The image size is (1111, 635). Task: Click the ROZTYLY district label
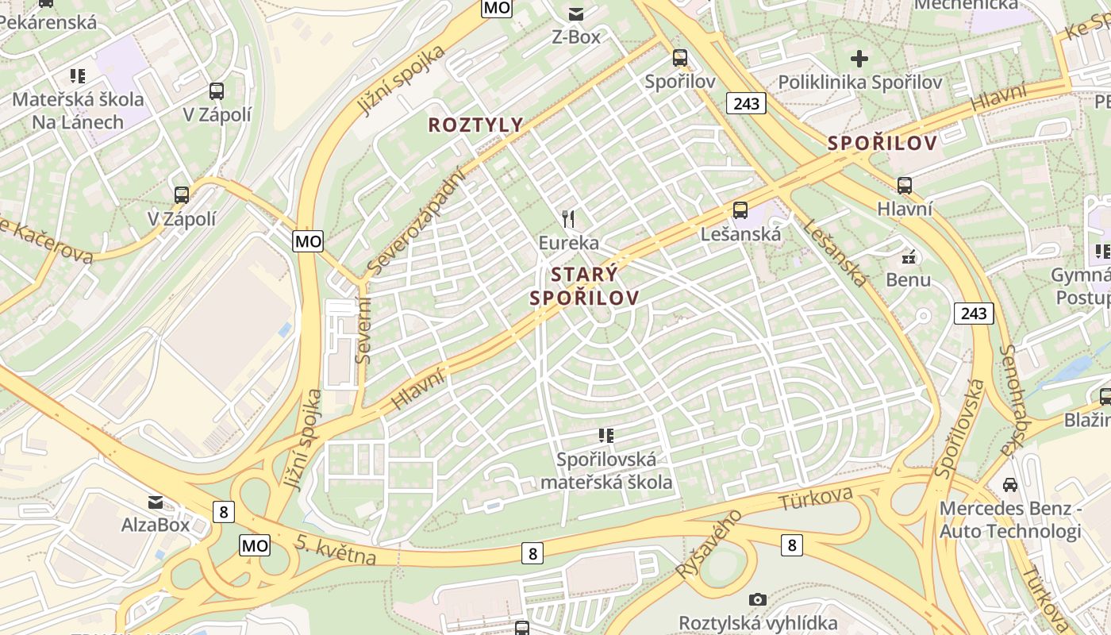(476, 125)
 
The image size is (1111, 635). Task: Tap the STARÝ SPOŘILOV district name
(584, 287)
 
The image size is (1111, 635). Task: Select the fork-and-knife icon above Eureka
(568, 218)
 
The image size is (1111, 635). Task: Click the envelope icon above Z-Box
(575, 13)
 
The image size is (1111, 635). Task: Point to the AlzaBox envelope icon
(156, 502)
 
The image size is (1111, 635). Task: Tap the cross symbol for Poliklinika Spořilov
(859, 59)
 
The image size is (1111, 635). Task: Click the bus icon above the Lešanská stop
(740, 210)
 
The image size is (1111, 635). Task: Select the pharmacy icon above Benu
(909, 257)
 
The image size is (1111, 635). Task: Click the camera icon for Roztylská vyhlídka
(758, 599)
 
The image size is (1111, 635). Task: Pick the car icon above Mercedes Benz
(1010, 484)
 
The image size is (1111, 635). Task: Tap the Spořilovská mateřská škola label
(606, 470)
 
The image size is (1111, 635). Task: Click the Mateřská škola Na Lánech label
(78, 110)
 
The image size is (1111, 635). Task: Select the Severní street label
(363, 329)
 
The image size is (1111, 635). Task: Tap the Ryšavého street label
(709, 544)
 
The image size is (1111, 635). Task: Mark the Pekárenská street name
(48, 21)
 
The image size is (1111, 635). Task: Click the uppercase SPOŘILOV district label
(882, 144)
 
